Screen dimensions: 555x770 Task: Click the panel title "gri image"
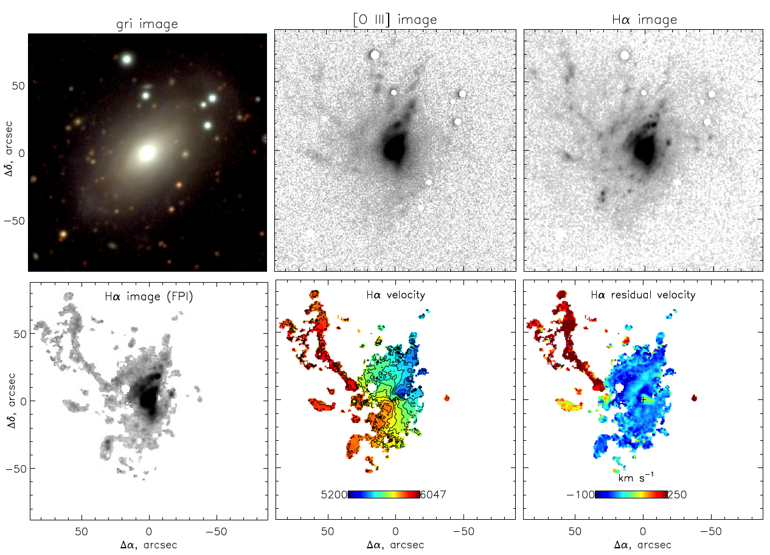tap(147, 24)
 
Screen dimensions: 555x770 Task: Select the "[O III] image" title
tap(395, 20)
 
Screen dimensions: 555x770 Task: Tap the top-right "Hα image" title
tap(643, 20)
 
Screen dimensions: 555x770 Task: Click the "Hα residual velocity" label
tap(643, 295)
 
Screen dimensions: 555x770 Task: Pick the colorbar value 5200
tap(335, 495)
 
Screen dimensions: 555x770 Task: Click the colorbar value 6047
tap(434, 495)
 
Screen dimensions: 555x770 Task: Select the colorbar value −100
tap(580, 495)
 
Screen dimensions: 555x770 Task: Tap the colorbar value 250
tap(678, 495)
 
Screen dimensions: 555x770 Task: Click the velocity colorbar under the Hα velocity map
tap(384, 494)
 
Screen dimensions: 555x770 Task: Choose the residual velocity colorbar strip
tap(631, 494)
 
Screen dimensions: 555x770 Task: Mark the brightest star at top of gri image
tap(127, 59)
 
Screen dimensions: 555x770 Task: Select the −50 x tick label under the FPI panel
tap(216, 531)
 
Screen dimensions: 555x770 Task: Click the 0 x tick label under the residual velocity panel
tap(643, 531)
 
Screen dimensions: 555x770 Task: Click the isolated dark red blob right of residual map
tap(694, 398)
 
